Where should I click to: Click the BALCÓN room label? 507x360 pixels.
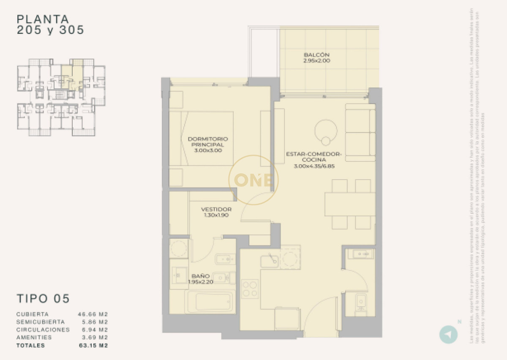click(x=316, y=57)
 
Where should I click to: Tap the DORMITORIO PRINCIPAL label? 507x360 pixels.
click(x=207, y=144)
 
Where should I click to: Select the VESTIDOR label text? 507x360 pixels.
click(x=216, y=212)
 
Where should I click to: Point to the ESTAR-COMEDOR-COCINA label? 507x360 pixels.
click(x=313, y=160)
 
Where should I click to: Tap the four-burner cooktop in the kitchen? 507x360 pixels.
click(x=250, y=289)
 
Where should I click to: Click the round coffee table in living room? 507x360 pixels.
click(x=326, y=131)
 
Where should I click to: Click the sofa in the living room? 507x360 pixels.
click(x=360, y=132)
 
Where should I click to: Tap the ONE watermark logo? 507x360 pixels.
click(x=253, y=180)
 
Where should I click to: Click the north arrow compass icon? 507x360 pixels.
click(x=448, y=334)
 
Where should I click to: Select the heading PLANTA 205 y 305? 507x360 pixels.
click(x=50, y=25)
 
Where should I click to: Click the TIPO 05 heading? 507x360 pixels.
click(x=43, y=298)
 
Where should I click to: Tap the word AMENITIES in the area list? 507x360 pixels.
click(x=34, y=337)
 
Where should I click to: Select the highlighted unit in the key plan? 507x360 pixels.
click(x=72, y=76)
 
